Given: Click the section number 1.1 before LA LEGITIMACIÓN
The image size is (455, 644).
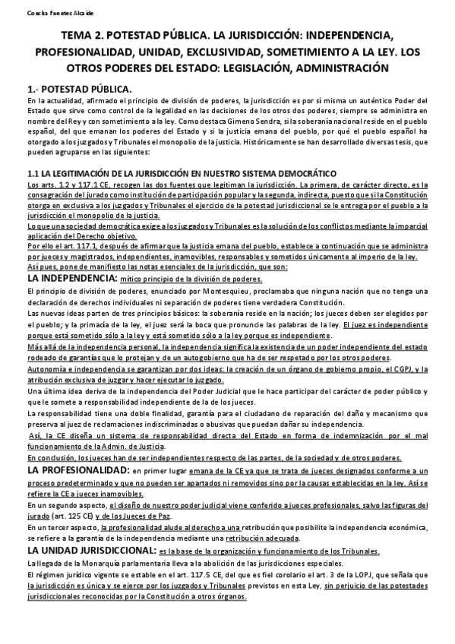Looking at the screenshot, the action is point(33,174).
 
